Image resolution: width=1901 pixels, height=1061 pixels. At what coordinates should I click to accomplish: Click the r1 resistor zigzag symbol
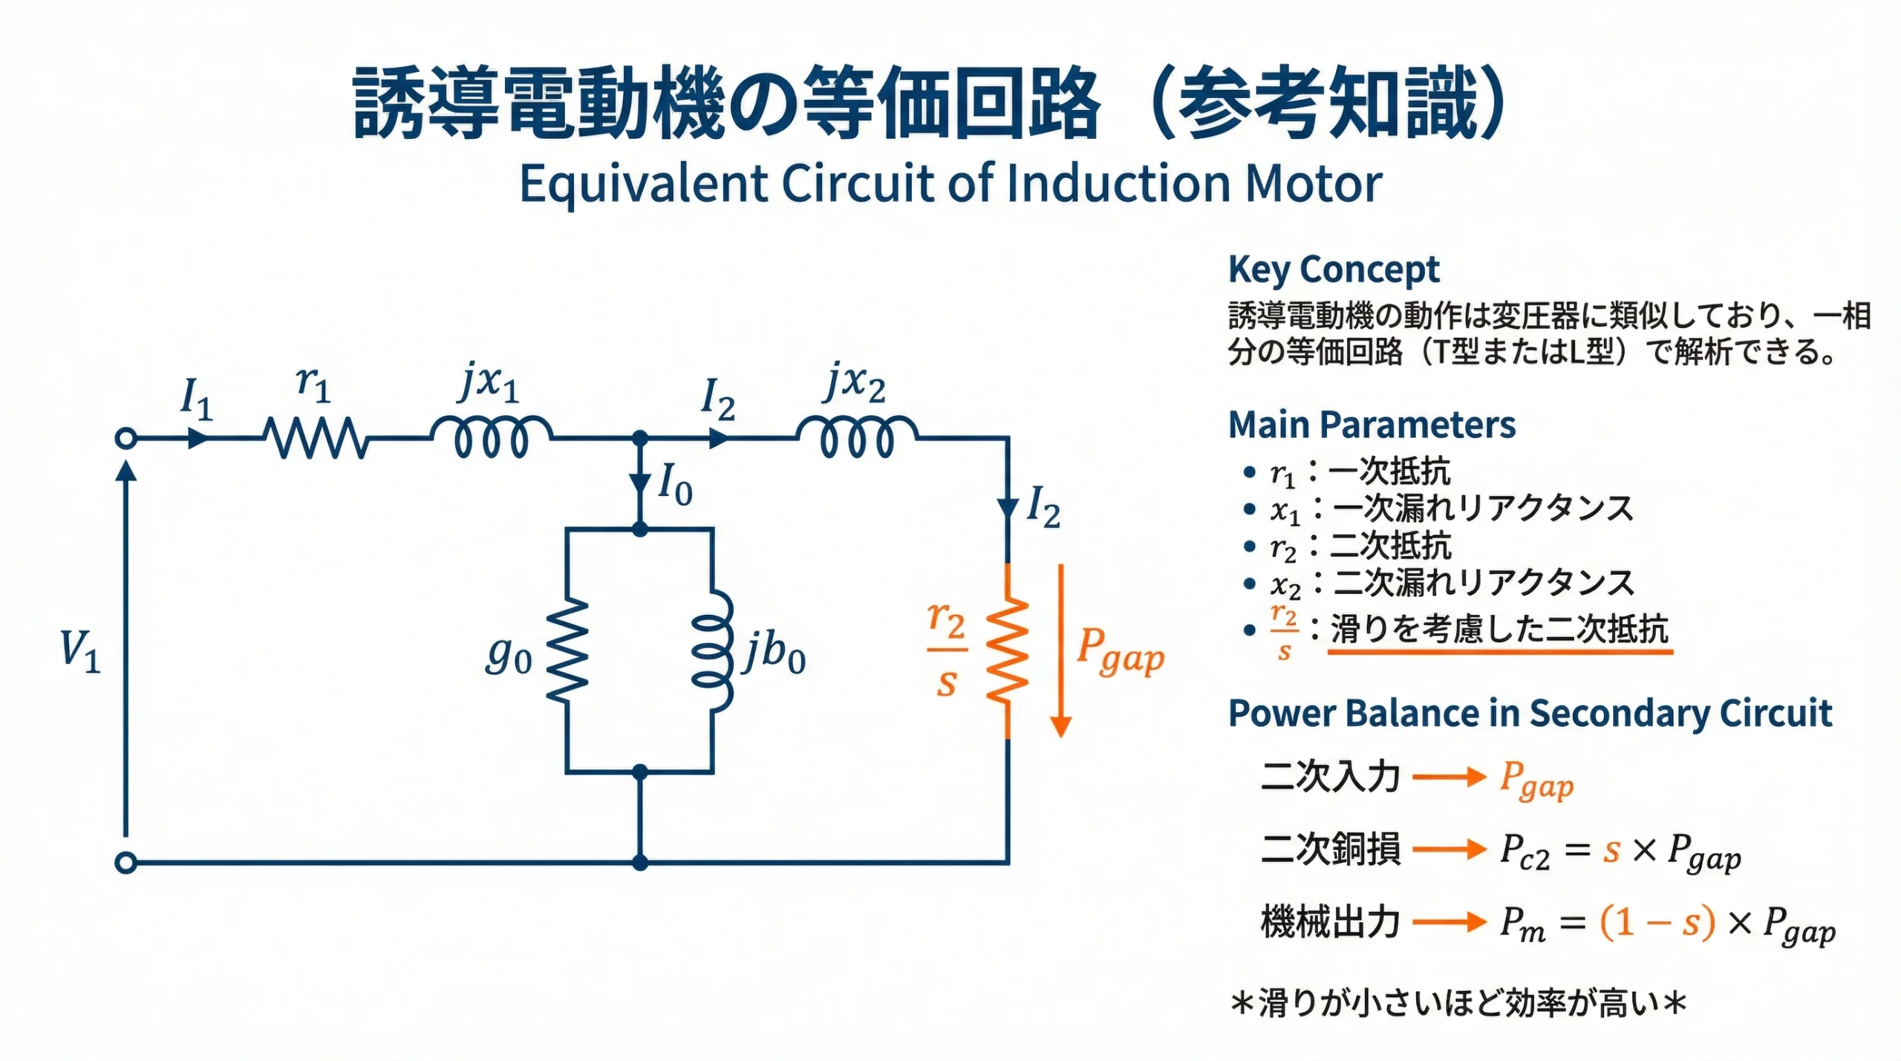coord(316,438)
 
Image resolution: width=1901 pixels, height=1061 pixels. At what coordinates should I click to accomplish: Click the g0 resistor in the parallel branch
coord(567,650)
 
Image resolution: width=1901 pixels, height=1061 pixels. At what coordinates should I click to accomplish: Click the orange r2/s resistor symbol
coord(1007,650)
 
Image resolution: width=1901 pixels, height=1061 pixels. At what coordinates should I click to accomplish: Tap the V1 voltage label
coord(80,650)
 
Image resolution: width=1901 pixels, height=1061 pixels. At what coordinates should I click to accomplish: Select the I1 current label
coord(197,399)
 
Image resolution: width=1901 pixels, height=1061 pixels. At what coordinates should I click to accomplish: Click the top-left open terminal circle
coord(126,438)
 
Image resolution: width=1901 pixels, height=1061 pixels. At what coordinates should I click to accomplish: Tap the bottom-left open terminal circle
coord(126,863)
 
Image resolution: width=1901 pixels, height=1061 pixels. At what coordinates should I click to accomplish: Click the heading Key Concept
coord(1333,270)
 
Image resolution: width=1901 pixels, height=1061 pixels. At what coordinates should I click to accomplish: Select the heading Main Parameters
coord(1372,425)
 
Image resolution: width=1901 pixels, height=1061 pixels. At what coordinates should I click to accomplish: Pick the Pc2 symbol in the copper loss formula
coord(1524,851)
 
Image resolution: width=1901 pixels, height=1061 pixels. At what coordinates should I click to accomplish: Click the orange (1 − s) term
coord(1657,923)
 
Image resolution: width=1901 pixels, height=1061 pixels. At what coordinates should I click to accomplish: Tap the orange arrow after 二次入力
coord(1448,777)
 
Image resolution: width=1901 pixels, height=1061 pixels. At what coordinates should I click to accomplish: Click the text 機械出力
coord(1330,922)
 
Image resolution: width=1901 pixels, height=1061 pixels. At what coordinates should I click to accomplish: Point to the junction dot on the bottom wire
coord(640,863)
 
